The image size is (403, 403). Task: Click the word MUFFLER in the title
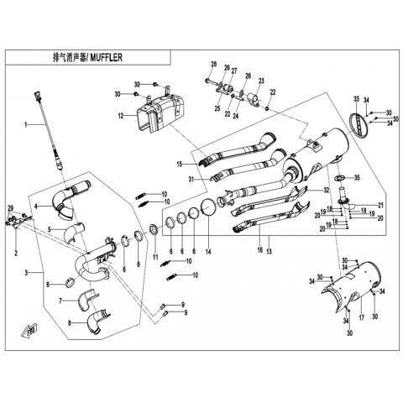coord(106,57)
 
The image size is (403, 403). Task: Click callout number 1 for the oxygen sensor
coord(26,124)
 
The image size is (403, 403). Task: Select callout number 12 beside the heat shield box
coord(121,116)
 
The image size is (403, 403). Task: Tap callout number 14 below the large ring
coord(208,252)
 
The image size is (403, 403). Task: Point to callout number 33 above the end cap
coord(356,98)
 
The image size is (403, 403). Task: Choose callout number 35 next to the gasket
coord(357,177)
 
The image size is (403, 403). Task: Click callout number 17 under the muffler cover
coord(362,317)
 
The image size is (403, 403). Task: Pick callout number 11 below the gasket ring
coord(155,257)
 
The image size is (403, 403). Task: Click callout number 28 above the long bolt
coord(213,64)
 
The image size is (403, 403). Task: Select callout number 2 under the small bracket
coord(16,254)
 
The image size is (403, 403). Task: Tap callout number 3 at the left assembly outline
coord(27,273)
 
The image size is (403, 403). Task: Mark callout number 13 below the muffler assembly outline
coord(269,252)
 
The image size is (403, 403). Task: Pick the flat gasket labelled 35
coord(339,178)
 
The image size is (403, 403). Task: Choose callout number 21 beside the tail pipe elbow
coord(380,205)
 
